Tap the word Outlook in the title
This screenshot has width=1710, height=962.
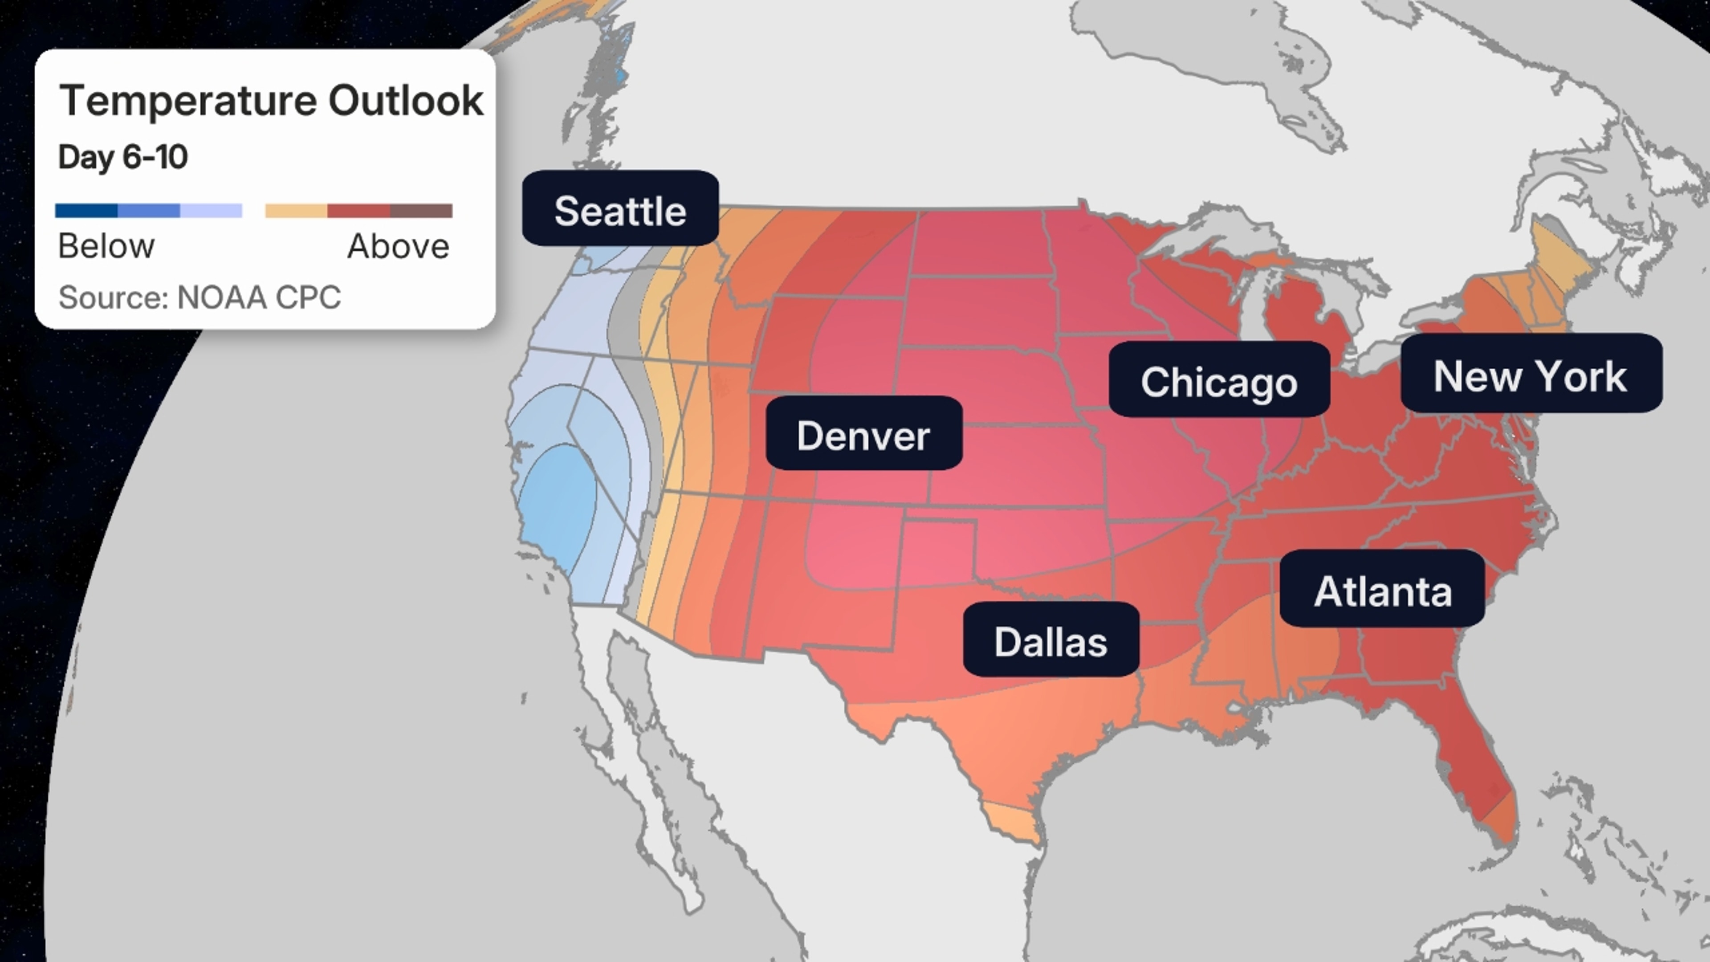[406, 101]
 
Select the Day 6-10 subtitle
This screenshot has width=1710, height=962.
[123, 157]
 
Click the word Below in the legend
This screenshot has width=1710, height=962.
[106, 246]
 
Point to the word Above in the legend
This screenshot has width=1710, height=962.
[398, 246]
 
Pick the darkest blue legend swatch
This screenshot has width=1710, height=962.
[86, 211]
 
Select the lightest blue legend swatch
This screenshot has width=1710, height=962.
[211, 211]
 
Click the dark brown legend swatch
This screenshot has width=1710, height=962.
[421, 211]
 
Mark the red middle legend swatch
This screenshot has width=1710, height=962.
[358, 211]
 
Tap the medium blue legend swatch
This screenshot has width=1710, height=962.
[149, 211]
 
